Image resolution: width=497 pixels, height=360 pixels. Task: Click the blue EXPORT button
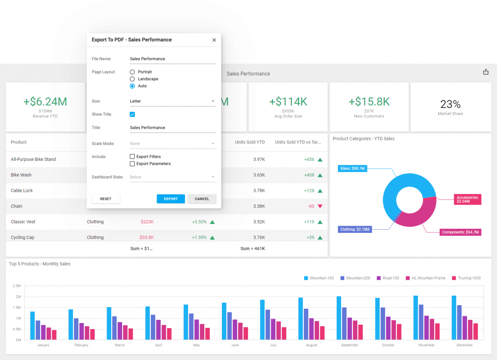pos(171,199)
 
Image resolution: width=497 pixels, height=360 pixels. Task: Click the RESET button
pos(106,199)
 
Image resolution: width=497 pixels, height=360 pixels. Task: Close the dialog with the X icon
pos(214,40)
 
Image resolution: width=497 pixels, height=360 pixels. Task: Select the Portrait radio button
pos(132,72)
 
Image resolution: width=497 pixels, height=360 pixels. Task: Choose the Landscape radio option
pos(132,79)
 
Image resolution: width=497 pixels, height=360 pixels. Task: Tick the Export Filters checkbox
pos(132,157)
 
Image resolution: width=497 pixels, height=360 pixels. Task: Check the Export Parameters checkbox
pos(132,164)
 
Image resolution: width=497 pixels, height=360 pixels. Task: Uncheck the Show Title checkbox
pos(132,114)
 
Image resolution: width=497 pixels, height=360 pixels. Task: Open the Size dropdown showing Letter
pos(173,101)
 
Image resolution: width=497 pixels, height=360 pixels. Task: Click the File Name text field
pos(173,59)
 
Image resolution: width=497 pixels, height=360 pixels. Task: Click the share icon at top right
pos(485,72)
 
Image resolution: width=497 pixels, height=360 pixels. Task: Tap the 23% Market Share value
pos(450,105)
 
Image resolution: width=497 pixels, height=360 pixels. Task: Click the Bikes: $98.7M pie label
pos(352,168)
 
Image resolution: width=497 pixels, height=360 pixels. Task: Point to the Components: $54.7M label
pos(460,232)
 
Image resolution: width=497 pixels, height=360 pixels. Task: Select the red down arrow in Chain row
pos(320,206)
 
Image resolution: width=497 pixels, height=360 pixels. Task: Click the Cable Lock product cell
pos(22,191)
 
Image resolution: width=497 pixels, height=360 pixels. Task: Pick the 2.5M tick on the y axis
pos(17,286)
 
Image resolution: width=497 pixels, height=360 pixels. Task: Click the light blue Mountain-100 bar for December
pos(454,317)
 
